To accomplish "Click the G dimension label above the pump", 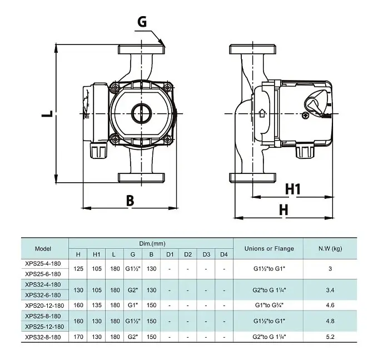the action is click(142, 22).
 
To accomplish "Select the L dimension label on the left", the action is click(47, 114).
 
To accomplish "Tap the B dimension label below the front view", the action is click(130, 201).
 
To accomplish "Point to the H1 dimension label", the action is click(293, 189).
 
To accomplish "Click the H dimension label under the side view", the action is click(284, 210).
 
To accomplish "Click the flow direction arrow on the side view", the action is click(262, 113).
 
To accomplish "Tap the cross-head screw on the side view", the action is click(305, 116).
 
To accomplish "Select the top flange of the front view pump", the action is click(142, 49).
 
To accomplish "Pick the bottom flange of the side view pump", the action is click(252, 178).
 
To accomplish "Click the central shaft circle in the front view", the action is click(142, 113).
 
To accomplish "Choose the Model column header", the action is click(43, 249).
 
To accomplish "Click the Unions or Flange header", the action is click(269, 248).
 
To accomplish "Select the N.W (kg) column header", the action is click(330, 248).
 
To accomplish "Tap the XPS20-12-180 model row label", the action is click(44, 306).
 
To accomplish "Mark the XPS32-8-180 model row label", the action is click(43, 337).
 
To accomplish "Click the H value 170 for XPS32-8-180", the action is click(78, 337).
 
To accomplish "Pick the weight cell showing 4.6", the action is click(330, 305).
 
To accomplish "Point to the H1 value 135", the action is click(97, 305).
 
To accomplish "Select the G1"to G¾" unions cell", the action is click(269, 305).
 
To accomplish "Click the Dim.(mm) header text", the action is click(152, 243).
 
